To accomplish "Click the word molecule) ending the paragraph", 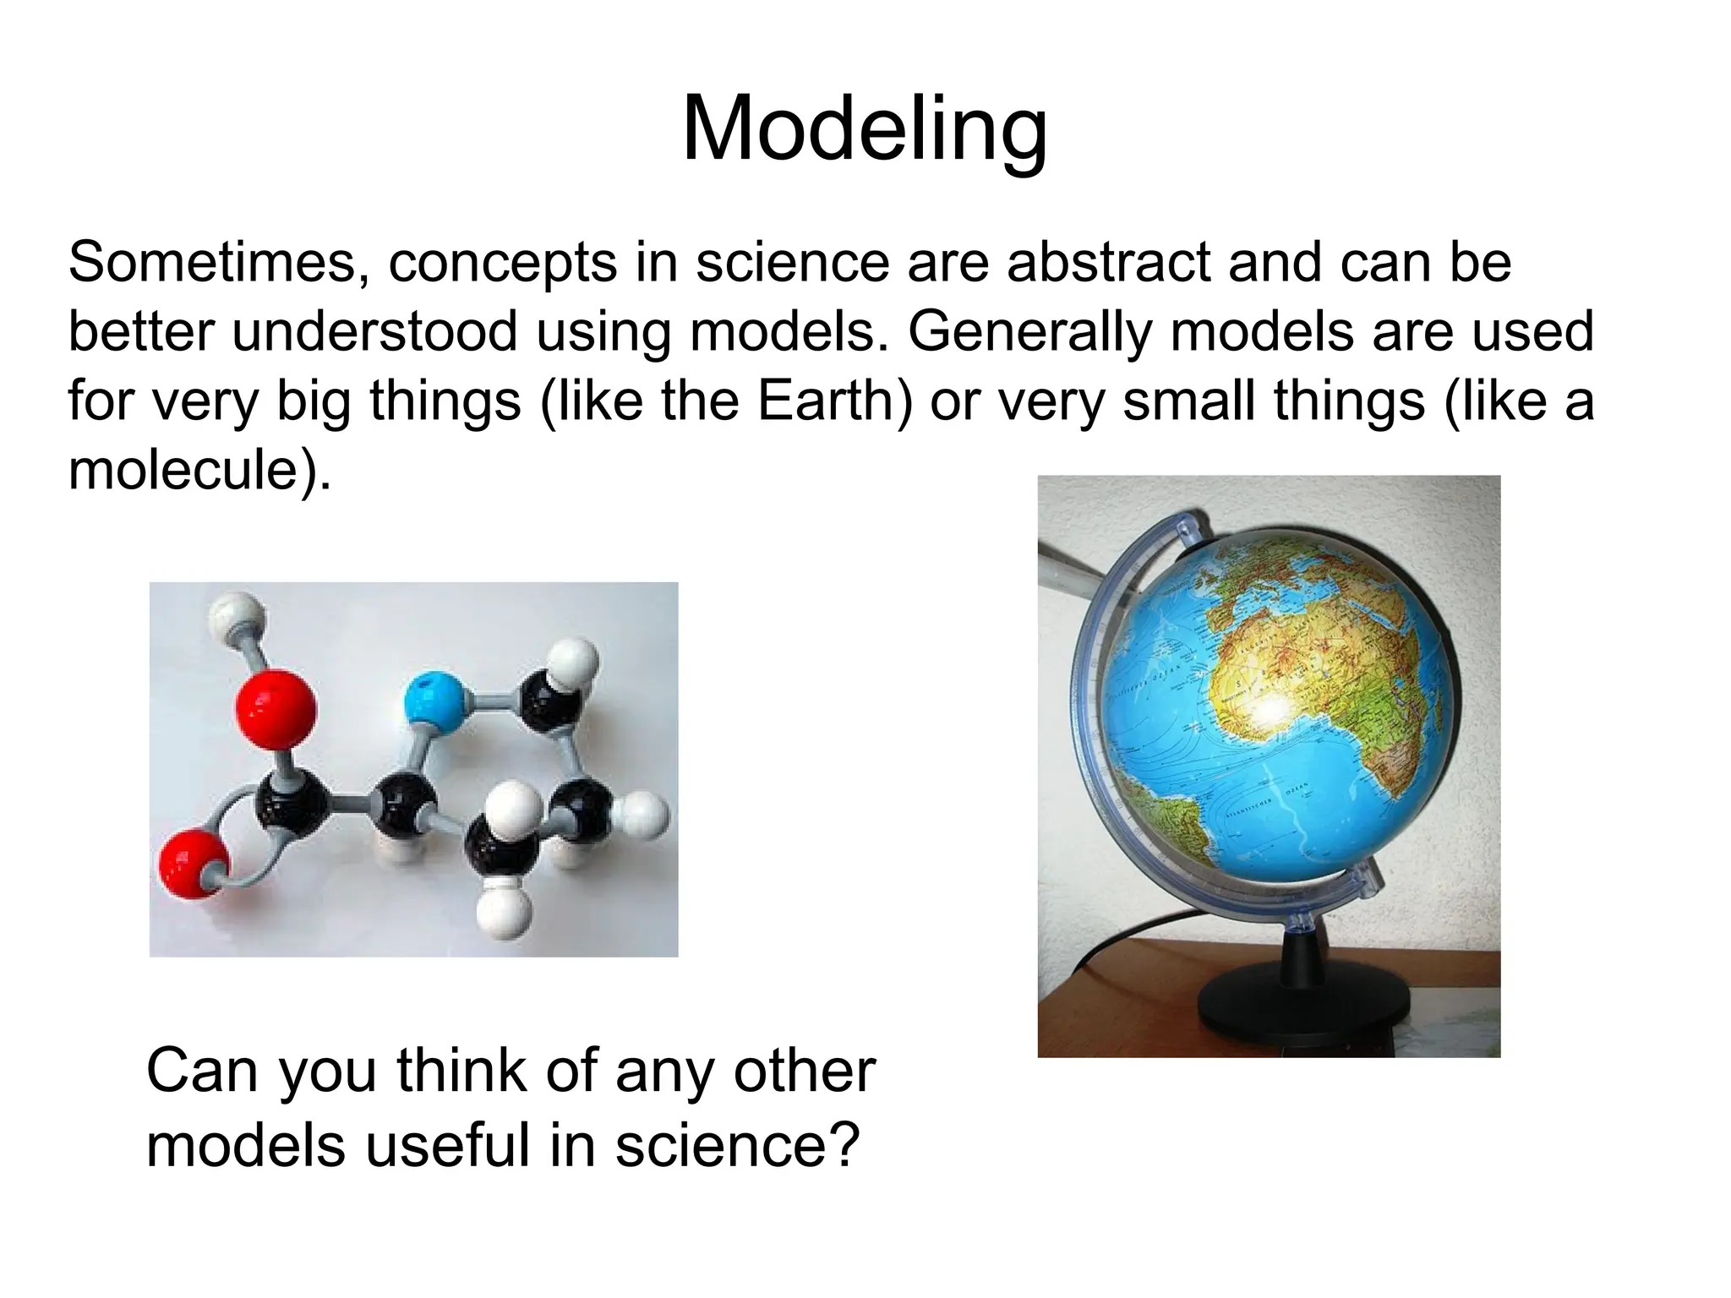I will [x=199, y=470].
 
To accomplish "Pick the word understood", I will [x=374, y=332].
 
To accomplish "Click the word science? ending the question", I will [x=737, y=1146].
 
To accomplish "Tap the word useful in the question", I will [x=449, y=1146].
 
